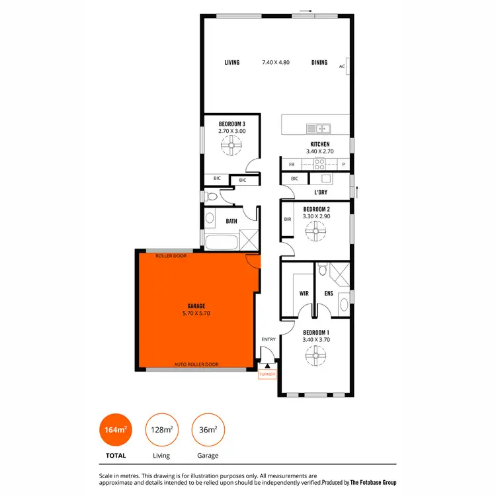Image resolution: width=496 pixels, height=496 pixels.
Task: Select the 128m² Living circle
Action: point(161,429)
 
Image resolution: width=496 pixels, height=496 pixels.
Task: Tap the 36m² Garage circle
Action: point(208,429)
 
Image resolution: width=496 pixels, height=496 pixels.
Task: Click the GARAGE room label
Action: point(196,306)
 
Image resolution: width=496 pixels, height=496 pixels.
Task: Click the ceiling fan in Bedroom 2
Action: point(315,230)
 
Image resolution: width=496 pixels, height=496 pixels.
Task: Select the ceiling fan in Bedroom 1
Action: point(315,357)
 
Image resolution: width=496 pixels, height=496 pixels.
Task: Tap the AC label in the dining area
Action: point(342,66)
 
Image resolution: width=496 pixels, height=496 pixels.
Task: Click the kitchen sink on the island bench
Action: point(319,128)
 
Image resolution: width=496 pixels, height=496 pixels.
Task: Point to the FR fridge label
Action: point(291,164)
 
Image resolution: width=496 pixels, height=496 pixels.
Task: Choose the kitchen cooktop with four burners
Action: point(319,164)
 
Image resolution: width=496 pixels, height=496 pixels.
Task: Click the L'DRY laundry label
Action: point(323,192)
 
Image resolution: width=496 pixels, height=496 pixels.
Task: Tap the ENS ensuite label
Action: point(328,293)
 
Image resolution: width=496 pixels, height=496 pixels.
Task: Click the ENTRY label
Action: point(268,339)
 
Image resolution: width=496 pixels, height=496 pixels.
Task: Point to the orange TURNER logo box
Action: point(267,374)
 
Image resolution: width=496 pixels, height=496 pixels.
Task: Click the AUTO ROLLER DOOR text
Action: point(196,364)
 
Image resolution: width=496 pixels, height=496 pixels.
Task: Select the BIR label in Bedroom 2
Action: point(288,219)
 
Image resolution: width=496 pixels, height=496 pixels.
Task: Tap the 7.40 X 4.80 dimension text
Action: point(276,63)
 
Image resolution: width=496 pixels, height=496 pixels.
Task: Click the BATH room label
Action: point(231,222)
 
